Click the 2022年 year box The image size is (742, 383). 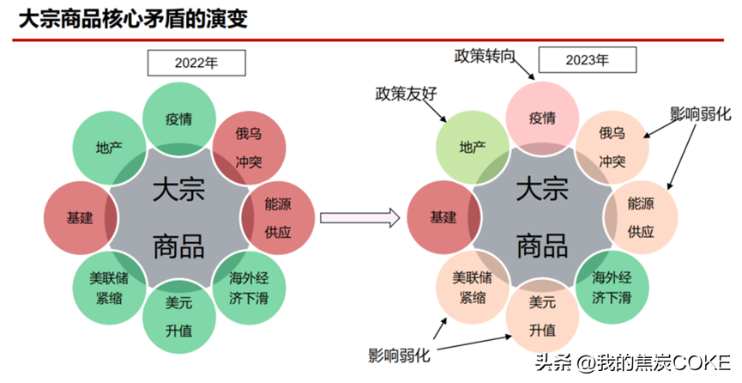pyautogui.click(x=196, y=63)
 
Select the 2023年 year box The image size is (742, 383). pyautogui.click(x=587, y=60)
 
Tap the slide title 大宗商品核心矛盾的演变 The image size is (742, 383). pyautogui.click(x=133, y=19)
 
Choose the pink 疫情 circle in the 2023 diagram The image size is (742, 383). pyautogui.click(x=542, y=117)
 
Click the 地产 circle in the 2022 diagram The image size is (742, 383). pyautogui.click(x=108, y=147)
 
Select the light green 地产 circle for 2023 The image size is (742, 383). pyautogui.click(x=473, y=147)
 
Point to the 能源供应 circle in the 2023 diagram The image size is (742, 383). pyautogui.click(x=642, y=216)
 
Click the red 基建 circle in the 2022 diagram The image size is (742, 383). pyautogui.click(x=80, y=217)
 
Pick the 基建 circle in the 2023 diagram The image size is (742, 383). pyautogui.click(x=443, y=217)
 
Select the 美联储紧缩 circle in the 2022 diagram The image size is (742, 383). pyautogui.click(x=109, y=289)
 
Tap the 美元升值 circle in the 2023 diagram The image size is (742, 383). pyautogui.click(x=542, y=316)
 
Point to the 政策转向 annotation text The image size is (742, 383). pyautogui.click(x=485, y=57)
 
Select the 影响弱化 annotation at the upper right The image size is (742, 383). pyautogui.click(x=700, y=113)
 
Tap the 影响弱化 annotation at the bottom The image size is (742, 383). pyautogui.click(x=400, y=355)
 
